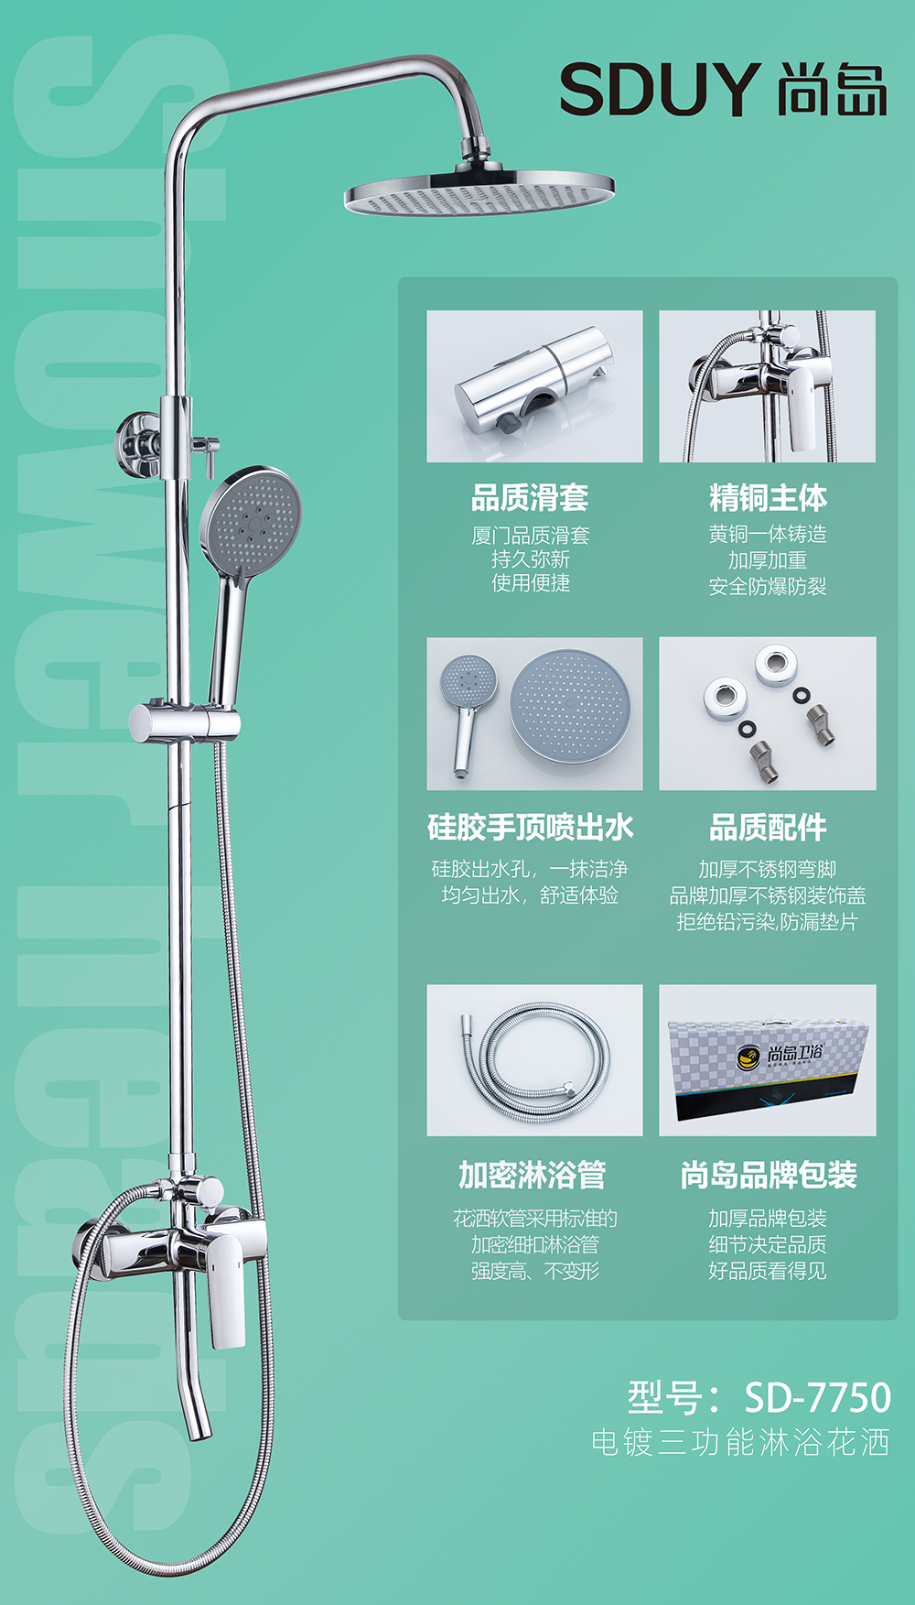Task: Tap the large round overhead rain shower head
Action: pyautogui.click(x=479, y=191)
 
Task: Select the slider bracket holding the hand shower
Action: pyautogui.click(x=184, y=722)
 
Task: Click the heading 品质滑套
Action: pyautogui.click(x=530, y=498)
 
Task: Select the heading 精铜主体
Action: pyautogui.click(x=768, y=498)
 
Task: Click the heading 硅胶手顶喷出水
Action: pyautogui.click(x=531, y=828)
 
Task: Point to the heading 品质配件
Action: pyautogui.click(x=768, y=828)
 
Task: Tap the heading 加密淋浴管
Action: pyautogui.click(x=533, y=1175)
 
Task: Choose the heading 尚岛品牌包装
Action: pyautogui.click(x=769, y=1175)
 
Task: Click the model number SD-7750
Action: pyautogui.click(x=817, y=1397)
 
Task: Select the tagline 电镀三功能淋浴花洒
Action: pyautogui.click(x=740, y=1443)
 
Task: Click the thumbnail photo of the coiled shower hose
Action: pyautogui.click(x=534, y=1060)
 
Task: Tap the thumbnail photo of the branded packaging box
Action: pyautogui.click(x=768, y=1060)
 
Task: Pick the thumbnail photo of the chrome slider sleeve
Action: pyautogui.click(x=534, y=386)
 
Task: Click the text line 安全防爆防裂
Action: pyautogui.click(x=768, y=587)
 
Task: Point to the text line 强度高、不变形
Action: pyautogui.click(x=535, y=1271)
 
